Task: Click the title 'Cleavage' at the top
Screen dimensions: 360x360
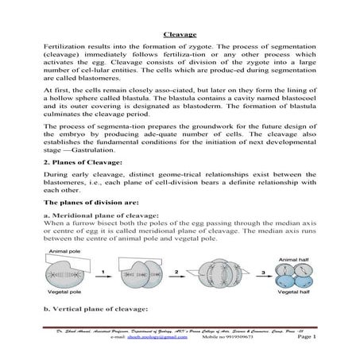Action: tap(180, 35)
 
